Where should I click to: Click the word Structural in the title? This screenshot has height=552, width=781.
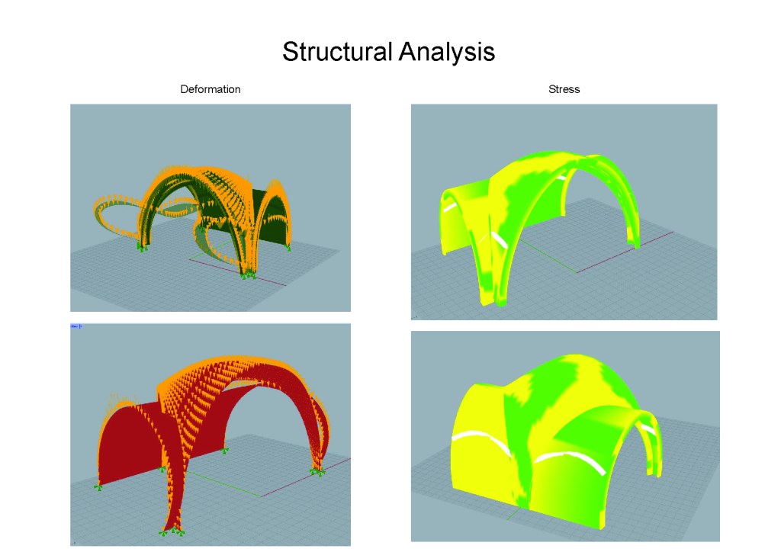337,51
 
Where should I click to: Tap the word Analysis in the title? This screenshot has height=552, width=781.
447,53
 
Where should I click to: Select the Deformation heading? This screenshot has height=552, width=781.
211,89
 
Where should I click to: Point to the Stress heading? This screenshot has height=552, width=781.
564,89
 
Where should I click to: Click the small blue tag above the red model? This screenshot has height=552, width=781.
76,326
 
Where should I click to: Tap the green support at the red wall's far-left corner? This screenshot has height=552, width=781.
98,486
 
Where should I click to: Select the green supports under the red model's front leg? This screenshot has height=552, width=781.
172,531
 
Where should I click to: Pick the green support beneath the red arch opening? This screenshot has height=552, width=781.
225,451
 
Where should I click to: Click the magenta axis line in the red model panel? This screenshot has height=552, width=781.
305,477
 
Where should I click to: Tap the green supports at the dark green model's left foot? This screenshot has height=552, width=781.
142,247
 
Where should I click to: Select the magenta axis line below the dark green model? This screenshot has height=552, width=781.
238,272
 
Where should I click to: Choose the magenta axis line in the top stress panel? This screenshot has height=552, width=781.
625,252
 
